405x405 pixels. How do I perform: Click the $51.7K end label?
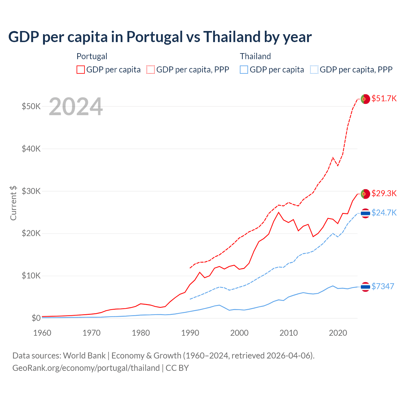click(384, 98)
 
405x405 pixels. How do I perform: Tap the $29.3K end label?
click(384, 193)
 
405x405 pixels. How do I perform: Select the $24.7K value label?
click(384, 213)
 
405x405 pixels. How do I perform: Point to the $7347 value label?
click(383, 286)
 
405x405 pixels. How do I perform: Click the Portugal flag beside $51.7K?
click(365, 99)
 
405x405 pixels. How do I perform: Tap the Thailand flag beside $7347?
click(365, 287)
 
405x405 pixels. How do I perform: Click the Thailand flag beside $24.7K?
click(365, 213)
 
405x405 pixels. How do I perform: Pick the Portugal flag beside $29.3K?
click(365, 194)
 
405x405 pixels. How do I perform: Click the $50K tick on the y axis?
click(31, 106)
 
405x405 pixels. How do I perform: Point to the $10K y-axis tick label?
click(31, 276)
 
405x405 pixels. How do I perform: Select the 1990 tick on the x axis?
click(190, 333)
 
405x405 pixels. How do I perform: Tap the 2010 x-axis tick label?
click(289, 333)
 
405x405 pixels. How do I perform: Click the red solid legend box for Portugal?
click(81, 70)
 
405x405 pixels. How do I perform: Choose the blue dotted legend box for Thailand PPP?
click(314, 70)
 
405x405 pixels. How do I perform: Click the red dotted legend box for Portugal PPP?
click(151, 70)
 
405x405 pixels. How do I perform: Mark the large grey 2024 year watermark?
click(76, 107)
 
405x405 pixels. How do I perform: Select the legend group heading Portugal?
click(92, 56)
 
